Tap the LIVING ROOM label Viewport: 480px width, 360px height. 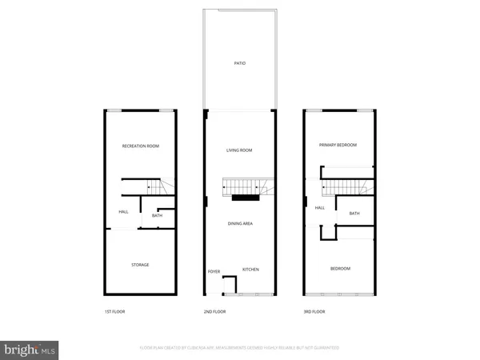(240, 150)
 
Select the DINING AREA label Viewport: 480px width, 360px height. (240, 223)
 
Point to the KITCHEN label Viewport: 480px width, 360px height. (250, 269)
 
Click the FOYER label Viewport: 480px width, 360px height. (214, 272)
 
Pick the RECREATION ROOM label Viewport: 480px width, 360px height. (140, 146)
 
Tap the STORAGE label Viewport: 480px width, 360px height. (140, 265)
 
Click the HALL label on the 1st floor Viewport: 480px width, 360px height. (124, 212)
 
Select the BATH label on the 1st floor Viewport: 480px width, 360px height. (157, 215)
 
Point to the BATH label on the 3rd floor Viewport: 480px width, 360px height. (354, 213)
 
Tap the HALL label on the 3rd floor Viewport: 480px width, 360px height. (319, 208)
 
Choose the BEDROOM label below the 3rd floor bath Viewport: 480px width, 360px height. (340, 269)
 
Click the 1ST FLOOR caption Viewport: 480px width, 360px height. (114, 311)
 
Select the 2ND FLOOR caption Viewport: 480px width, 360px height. (215, 311)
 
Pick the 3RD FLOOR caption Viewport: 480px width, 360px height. (314, 311)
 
